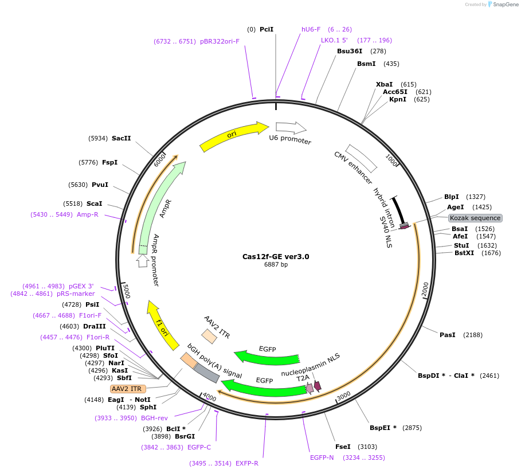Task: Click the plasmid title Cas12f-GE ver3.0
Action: tap(276, 257)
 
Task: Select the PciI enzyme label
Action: tap(267, 29)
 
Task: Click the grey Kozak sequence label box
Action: tap(475, 218)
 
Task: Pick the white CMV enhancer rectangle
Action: tap(361, 158)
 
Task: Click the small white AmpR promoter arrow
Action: tap(142, 261)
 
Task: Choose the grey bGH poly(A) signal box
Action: tap(206, 373)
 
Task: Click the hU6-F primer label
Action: tap(311, 29)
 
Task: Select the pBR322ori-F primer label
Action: tap(220, 41)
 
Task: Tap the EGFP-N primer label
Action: tap(322, 458)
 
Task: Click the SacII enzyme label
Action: tap(122, 138)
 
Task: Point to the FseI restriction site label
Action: tap(343, 447)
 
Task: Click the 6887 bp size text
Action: tap(276, 265)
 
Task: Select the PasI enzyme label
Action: tap(447, 334)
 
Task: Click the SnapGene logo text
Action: tap(504, 4)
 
